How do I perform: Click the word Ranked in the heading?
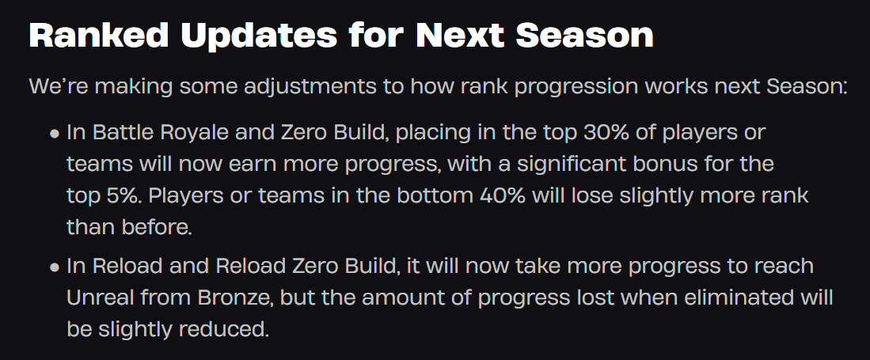(99, 35)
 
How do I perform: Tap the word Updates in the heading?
(259, 36)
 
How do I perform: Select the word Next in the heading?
(459, 35)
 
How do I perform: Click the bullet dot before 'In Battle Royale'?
(55, 134)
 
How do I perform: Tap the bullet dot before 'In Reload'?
(55, 267)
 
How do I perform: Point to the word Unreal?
(100, 297)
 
